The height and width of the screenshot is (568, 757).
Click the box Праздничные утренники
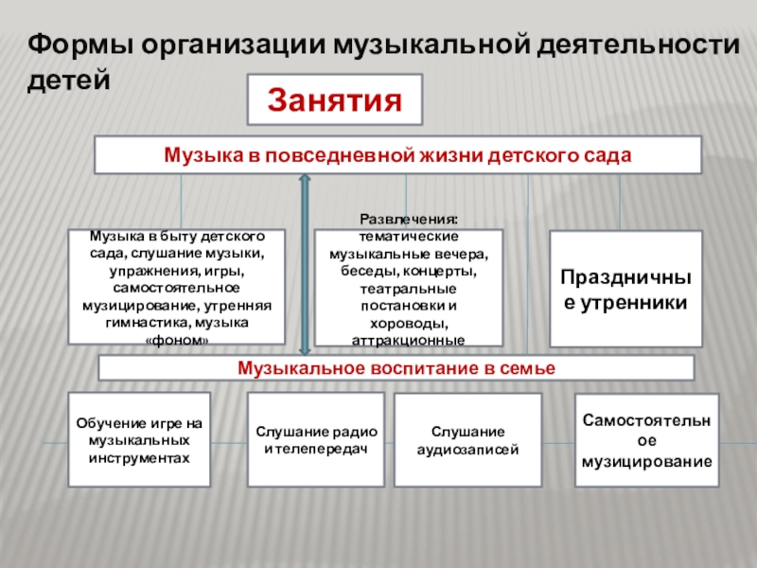pos(625,290)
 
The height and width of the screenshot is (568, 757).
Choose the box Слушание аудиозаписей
pos(467,440)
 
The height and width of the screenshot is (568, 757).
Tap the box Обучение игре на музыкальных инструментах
pos(140,440)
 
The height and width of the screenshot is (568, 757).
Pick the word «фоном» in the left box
pos(175,339)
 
